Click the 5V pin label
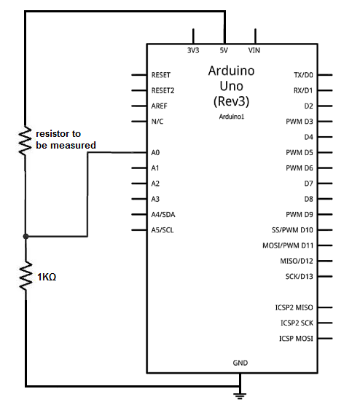224,50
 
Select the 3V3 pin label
193,50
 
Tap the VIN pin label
254,50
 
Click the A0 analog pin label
155,152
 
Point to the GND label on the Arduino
240,363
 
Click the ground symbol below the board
240,396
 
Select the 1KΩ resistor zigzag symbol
26,276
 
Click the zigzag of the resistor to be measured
25,141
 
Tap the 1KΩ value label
47,277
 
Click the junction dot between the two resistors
26,236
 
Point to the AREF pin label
159,106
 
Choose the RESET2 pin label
163,90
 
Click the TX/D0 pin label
303,75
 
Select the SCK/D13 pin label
299,276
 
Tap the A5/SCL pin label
163,230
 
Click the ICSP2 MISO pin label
294,307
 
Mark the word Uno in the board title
232,86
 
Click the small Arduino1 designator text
232,117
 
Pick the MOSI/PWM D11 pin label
288,245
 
